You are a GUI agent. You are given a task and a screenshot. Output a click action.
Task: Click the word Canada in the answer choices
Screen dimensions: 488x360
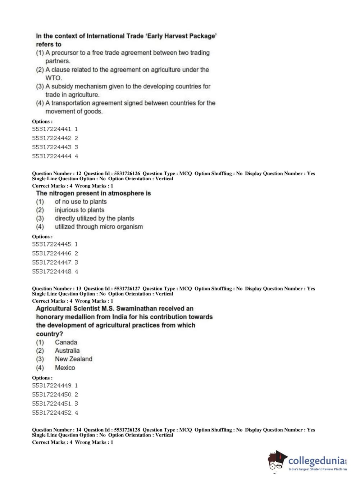pos(66,342)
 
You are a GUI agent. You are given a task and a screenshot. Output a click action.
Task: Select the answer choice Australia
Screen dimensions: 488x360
pos(67,351)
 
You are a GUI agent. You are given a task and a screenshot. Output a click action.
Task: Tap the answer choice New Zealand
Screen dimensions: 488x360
pos(73,359)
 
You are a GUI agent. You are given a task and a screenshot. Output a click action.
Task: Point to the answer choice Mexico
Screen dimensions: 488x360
pos(65,368)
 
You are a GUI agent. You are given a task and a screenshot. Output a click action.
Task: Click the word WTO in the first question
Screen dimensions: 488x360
pos(53,78)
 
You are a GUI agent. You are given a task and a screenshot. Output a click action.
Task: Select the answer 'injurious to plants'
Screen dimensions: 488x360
pos(79,210)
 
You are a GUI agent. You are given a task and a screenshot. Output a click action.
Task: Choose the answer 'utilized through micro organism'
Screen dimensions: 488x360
pos(99,227)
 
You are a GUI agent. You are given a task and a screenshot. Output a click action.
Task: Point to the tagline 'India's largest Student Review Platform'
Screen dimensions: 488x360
pos(318,469)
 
